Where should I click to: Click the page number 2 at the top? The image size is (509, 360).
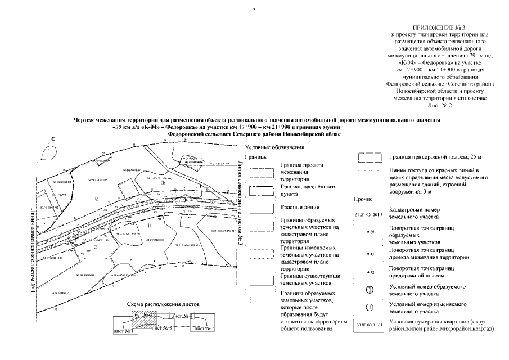pyautogui.click(x=254, y=10)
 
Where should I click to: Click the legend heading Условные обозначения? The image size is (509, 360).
pyautogui.click(x=277, y=147)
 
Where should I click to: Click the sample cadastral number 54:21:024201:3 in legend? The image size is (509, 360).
pyautogui.click(x=369, y=214)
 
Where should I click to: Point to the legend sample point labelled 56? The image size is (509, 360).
pyautogui.click(x=370, y=232)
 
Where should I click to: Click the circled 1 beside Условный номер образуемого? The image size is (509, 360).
pyautogui.click(x=370, y=290)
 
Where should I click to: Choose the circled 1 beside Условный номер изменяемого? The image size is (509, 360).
pyautogui.click(x=370, y=308)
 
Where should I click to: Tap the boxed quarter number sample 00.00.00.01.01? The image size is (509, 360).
pyautogui.click(x=369, y=325)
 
